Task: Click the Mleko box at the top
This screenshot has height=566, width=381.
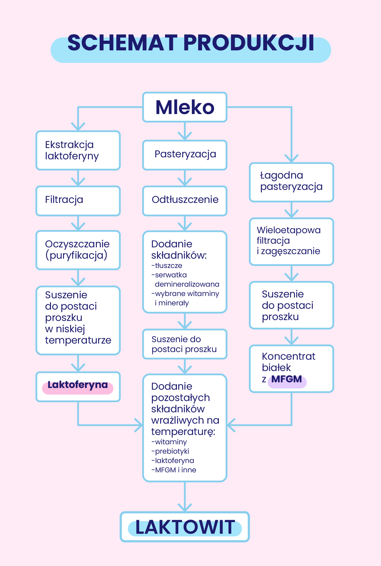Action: coord(185,107)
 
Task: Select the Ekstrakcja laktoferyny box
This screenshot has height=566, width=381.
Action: coord(78,150)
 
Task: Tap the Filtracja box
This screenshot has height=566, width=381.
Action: coord(78,201)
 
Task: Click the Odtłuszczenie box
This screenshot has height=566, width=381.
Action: coord(185,201)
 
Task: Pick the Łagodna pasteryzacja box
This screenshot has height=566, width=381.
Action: coord(291,182)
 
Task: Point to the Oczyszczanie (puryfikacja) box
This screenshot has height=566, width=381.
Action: coord(78,250)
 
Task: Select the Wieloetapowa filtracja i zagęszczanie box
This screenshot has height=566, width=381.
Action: coord(291,241)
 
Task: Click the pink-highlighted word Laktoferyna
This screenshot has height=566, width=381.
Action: coord(78,385)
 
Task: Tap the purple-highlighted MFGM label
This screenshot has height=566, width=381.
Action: coord(286,379)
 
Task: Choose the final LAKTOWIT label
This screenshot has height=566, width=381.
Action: coord(185,527)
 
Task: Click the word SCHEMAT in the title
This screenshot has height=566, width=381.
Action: coord(122,43)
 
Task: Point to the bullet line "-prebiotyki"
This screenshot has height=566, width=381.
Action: coord(170,451)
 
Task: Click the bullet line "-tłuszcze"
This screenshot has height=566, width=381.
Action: coord(167,265)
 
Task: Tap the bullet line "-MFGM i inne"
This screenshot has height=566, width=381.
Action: coord(174,470)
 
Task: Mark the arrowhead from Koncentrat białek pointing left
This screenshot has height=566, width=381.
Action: coord(230,425)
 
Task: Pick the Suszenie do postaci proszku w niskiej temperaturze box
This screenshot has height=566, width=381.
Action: coord(78,320)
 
